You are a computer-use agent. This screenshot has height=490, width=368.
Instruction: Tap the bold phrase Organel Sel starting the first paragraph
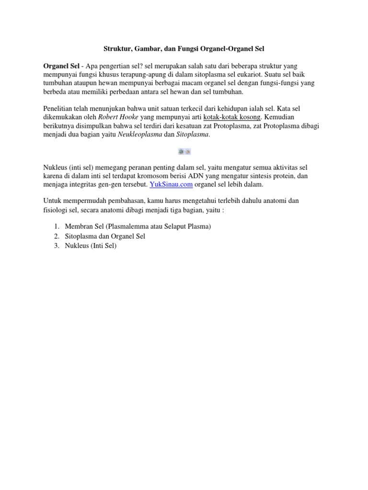tap(61, 66)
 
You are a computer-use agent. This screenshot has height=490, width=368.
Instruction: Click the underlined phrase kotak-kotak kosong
tap(232, 117)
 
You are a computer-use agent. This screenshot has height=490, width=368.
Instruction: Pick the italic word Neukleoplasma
tap(139, 134)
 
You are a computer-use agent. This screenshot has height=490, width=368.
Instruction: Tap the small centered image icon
tap(184, 151)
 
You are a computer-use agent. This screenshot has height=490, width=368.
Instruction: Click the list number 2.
tap(56, 236)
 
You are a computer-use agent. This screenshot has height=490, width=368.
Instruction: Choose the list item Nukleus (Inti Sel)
tap(91, 246)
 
